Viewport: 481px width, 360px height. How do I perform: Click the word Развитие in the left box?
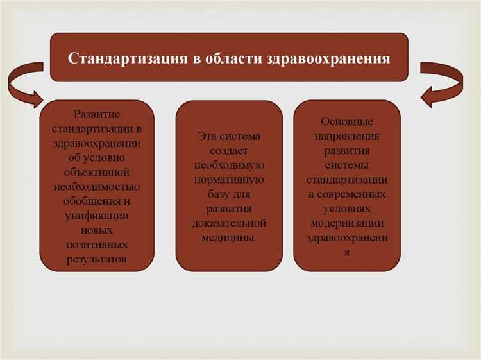[x=96, y=114]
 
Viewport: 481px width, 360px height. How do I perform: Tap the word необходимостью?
[x=96, y=187]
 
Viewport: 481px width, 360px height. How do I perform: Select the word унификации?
[x=96, y=216]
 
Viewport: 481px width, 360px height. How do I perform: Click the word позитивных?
[x=96, y=244]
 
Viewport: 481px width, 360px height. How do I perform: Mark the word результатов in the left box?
[x=96, y=259]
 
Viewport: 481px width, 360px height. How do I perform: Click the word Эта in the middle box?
[x=208, y=136]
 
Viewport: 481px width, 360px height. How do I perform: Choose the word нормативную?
[x=229, y=180]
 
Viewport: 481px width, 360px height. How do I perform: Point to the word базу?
[x=216, y=194]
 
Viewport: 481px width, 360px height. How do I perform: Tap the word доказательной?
[x=229, y=223]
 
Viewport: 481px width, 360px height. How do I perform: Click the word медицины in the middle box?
[x=228, y=237]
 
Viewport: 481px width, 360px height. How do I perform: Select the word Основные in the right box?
[x=347, y=121]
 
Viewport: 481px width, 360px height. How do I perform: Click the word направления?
[x=347, y=136]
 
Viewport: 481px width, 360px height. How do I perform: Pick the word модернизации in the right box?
[x=347, y=223]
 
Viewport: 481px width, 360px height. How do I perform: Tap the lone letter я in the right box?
[x=347, y=252]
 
